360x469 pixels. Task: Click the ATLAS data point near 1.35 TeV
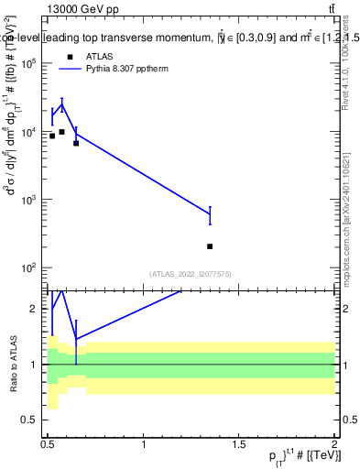click(x=210, y=246)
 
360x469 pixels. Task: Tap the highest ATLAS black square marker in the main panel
click(x=61, y=132)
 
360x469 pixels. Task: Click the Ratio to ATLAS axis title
click(x=12, y=364)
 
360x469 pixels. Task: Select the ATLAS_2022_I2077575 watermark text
click(x=190, y=274)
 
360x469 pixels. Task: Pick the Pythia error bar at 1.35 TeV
click(x=210, y=215)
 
